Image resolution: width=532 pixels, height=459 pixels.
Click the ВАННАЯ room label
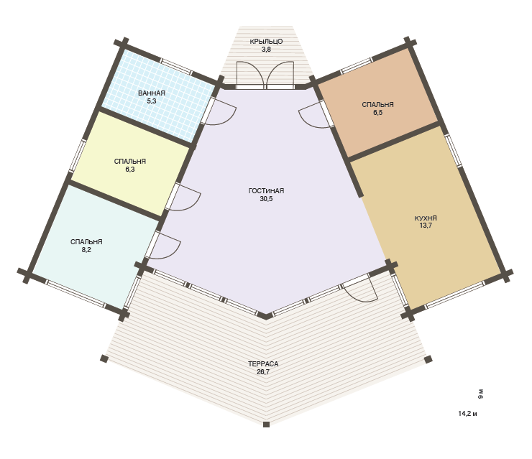coord(151,93)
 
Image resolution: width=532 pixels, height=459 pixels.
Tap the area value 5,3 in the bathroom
coord(151,101)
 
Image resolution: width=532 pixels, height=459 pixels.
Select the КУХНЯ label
coord(426,218)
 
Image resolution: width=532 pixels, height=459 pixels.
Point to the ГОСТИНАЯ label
coord(266,191)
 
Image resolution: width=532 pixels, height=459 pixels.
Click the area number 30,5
coord(266,199)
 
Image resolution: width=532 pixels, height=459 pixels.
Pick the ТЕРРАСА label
coord(263,364)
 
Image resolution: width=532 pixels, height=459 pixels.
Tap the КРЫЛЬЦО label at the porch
coord(266,42)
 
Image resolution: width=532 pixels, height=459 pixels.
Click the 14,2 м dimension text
coord(467,414)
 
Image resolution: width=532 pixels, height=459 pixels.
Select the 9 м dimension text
coord(480,394)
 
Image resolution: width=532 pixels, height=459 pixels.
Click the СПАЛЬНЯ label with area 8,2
coord(86,242)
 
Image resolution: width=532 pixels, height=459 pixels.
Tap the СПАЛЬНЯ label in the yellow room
coord(130,162)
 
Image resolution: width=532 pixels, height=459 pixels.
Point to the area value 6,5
coord(377,113)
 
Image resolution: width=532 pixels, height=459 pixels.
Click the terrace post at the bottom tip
coord(266,425)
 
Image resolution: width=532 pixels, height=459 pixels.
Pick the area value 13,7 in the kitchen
coord(426,226)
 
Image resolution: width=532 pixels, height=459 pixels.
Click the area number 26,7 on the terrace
coord(263,372)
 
